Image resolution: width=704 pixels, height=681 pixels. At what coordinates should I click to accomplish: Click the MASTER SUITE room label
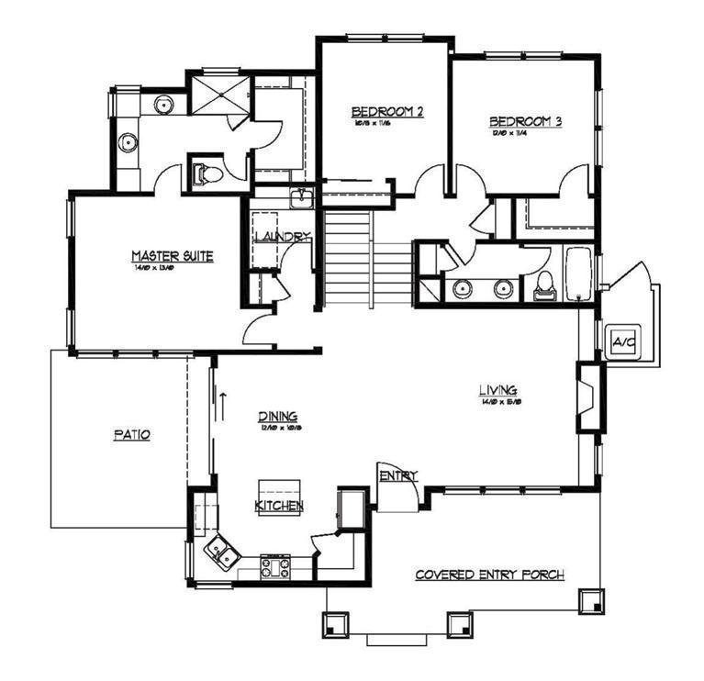[173, 256]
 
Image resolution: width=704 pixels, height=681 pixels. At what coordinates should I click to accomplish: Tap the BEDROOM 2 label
[387, 112]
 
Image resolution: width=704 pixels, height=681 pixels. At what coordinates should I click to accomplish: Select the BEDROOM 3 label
[524, 121]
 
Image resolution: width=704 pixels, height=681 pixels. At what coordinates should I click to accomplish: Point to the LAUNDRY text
[282, 237]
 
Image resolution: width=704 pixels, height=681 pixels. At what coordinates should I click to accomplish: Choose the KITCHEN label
[279, 506]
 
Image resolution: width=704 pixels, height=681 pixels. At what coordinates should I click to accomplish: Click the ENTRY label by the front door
[398, 475]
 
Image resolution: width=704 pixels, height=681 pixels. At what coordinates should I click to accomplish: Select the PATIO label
[131, 435]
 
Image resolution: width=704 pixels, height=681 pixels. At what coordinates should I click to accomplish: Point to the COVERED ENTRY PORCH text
[489, 575]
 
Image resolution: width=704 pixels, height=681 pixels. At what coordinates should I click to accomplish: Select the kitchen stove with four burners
[276, 566]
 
